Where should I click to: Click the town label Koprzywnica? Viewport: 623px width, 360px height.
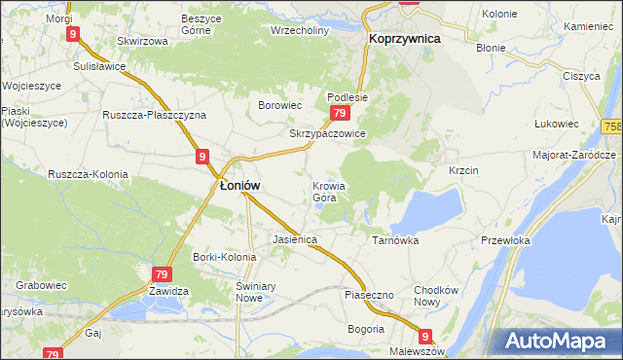tap(405, 38)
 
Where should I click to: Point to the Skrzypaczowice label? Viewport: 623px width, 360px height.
tap(327, 133)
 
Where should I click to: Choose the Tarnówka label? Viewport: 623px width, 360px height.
tap(395, 238)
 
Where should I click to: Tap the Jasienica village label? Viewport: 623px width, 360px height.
tap(295, 238)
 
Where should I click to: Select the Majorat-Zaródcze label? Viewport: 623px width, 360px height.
tap(574, 155)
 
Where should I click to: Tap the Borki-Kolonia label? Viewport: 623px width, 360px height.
tap(225, 257)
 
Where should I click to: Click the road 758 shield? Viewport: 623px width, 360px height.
tap(612, 127)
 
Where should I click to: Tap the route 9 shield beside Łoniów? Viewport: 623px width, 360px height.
tap(202, 156)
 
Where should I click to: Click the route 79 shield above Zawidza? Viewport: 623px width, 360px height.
tap(162, 275)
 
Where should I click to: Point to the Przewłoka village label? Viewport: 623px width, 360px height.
tap(504, 239)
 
